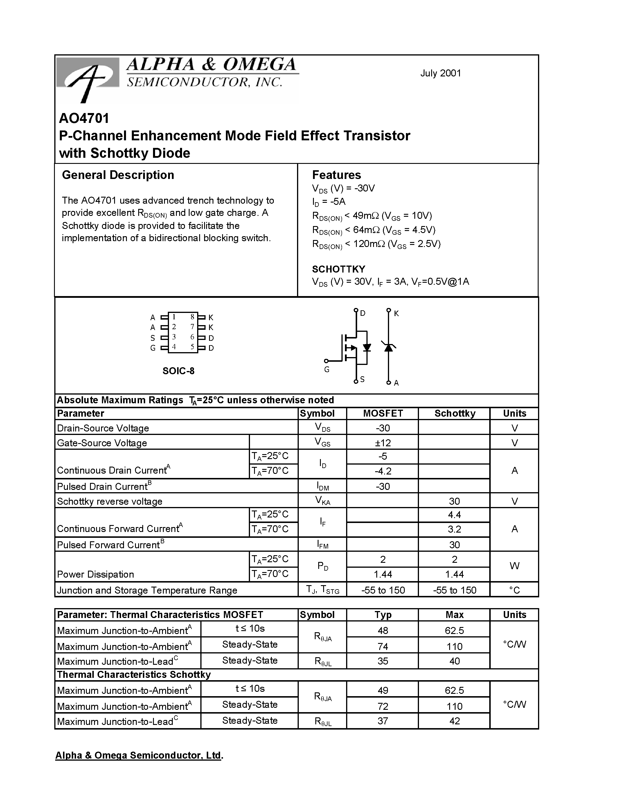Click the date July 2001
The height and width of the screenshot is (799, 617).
(440, 73)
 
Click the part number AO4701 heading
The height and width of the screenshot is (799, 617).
(84, 118)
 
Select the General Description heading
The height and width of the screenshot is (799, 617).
(118, 175)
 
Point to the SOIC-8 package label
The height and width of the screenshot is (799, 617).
(178, 371)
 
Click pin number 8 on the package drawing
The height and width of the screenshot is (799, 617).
(192, 317)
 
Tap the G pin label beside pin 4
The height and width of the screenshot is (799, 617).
(153, 348)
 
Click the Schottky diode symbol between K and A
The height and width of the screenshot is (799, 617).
(388, 347)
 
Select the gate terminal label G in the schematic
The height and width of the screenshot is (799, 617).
(327, 370)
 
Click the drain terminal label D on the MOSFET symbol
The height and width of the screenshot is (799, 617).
(363, 313)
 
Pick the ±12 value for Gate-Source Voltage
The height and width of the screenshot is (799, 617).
(383, 443)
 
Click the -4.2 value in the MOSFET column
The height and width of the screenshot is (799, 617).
(383, 471)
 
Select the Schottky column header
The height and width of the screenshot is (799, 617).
(455, 413)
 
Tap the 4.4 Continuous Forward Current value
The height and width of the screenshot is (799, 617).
(454, 515)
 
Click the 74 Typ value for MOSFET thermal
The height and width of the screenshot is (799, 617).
(383, 646)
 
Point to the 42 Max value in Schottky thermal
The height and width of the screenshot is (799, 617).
(454, 721)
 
